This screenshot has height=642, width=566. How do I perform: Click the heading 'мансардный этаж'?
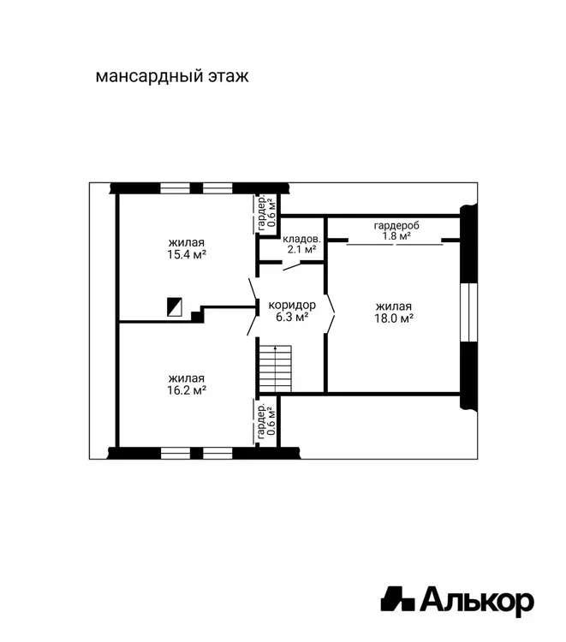coord(172,76)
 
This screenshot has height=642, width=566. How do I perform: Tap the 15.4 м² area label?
coord(187,254)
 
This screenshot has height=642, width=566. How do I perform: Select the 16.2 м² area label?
coord(187,390)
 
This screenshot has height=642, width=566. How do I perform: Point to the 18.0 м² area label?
coord(394,318)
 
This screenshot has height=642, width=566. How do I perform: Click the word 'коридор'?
coord(292,305)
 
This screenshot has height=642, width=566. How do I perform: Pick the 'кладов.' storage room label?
coord(302,239)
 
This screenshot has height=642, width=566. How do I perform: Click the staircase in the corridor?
coord(275,368)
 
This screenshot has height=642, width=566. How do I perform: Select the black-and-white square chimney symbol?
coord(175,306)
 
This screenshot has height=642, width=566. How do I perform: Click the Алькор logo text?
coord(477,602)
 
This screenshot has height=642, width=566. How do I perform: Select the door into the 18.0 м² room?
coord(331,313)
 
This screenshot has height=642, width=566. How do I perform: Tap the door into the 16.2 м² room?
coord(253,325)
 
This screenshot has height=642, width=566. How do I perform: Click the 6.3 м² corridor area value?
coord(292,317)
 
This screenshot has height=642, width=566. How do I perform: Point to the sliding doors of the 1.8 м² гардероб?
coord(395,245)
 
